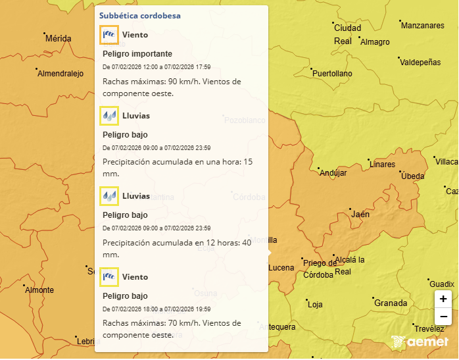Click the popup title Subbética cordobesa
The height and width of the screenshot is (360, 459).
click(x=139, y=15)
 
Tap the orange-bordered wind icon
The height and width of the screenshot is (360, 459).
click(x=109, y=35)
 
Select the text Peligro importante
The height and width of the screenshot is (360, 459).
click(x=137, y=54)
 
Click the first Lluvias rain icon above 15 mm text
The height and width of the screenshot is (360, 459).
click(x=109, y=116)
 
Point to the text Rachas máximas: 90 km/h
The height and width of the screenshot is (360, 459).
click(x=151, y=82)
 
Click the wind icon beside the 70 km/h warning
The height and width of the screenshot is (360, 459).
click(x=109, y=277)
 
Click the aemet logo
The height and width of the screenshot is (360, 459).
click(x=420, y=342)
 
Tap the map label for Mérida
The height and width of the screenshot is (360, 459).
click(x=58, y=39)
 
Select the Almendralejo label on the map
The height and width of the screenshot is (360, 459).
click(x=60, y=74)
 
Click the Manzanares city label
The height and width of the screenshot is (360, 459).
click(x=422, y=26)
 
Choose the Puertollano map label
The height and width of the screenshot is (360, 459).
click(x=332, y=74)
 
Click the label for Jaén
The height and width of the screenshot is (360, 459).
click(x=360, y=215)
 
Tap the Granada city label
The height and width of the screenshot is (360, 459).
click(x=391, y=303)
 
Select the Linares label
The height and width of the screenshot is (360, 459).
click(x=383, y=165)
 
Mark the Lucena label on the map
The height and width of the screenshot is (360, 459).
click(x=281, y=268)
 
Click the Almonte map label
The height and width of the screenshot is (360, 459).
click(x=39, y=290)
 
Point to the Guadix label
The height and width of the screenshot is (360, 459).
click(x=442, y=284)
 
